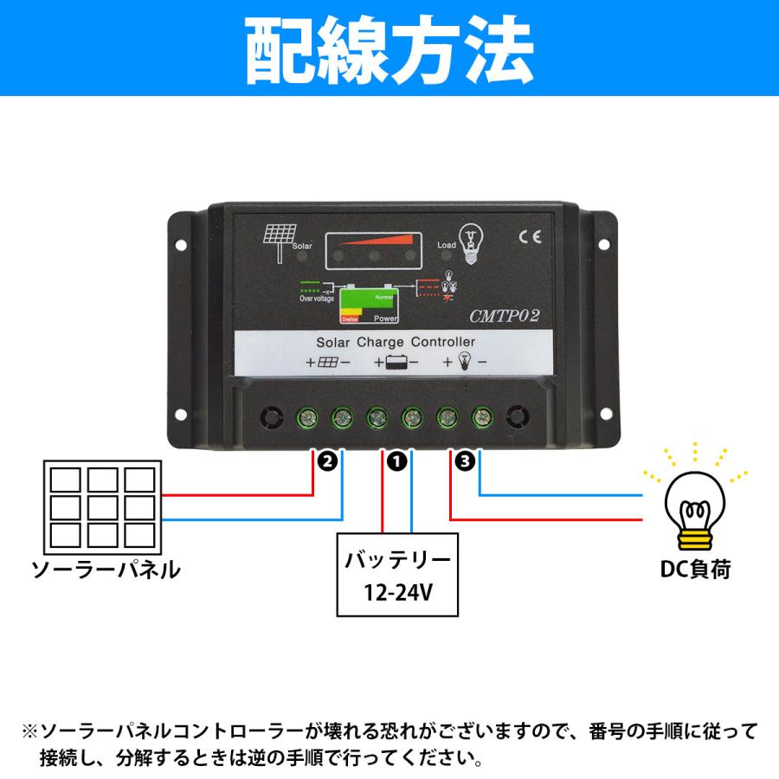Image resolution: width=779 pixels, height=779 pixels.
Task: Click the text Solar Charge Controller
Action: click(x=389, y=342)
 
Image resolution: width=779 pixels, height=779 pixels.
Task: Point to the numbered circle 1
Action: click(x=396, y=462)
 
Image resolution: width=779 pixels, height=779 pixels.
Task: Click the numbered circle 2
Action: click(x=326, y=462)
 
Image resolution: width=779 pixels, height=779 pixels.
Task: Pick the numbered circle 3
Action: click(x=464, y=462)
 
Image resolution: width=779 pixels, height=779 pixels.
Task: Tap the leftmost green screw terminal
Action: click(x=306, y=419)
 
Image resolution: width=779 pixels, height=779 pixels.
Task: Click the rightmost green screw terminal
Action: click(x=481, y=419)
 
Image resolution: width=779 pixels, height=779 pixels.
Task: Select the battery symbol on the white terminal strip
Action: click(x=396, y=364)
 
